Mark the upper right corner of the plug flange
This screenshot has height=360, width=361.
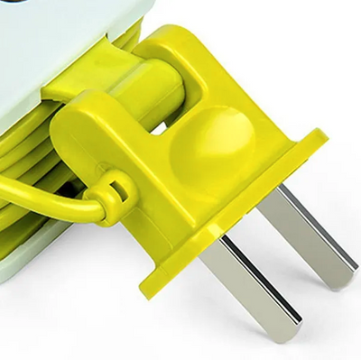coord(320,135)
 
